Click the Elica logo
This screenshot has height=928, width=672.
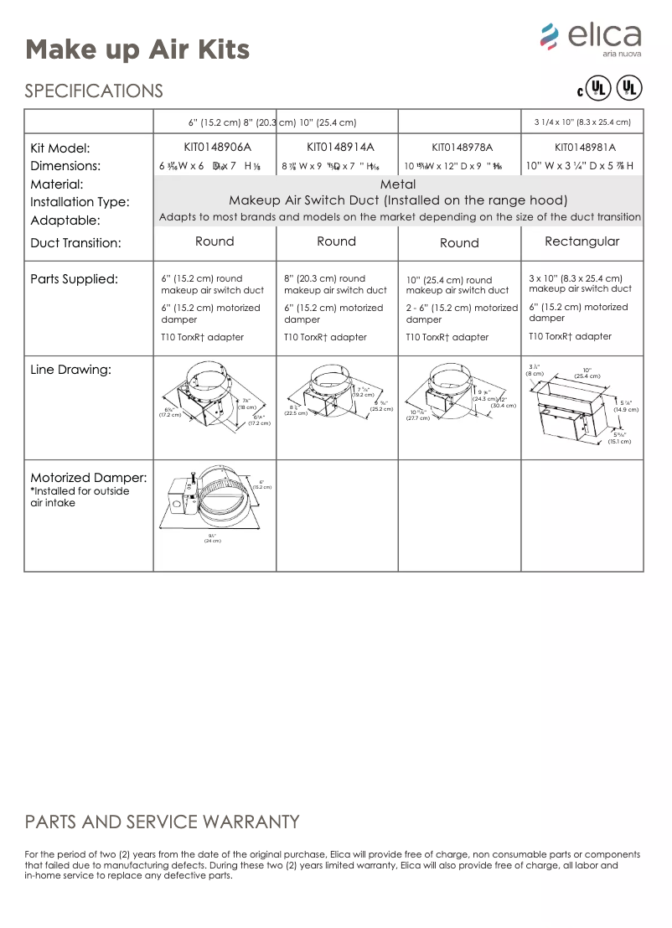(x=591, y=39)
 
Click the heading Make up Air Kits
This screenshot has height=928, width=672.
(x=137, y=49)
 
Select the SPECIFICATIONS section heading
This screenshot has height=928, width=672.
(x=94, y=91)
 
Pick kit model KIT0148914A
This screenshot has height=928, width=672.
(x=335, y=148)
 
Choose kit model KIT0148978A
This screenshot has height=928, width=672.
(x=460, y=148)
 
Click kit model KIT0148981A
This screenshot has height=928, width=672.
(x=584, y=148)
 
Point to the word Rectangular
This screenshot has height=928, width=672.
(x=582, y=241)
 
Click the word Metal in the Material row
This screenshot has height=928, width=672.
(x=397, y=184)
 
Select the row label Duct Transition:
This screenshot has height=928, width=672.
(x=76, y=243)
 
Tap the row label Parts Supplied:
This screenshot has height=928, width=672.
(x=75, y=278)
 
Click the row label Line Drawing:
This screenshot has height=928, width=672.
(x=71, y=369)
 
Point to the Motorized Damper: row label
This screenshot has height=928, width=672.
(x=89, y=478)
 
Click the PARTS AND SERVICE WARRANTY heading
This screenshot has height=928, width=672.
(x=162, y=822)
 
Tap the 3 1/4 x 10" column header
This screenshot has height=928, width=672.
(x=582, y=122)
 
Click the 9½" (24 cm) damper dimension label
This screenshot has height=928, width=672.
(x=212, y=538)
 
